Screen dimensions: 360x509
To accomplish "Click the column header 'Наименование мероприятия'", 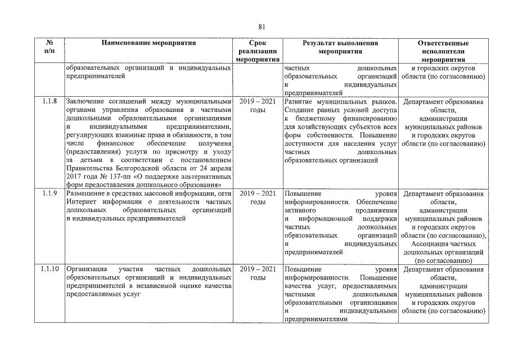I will pyautogui.click(x=149, y=43).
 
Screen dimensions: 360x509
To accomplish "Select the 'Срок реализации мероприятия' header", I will pyautogui.click(x=258, y=51).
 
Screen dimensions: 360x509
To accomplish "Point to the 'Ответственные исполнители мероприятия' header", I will pyautogui.click(x=443, y=51).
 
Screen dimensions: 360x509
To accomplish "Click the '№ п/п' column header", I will pyautogui.click(x=49, y=47).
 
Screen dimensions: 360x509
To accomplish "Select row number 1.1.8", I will pyautogui.click(x=49, y=102).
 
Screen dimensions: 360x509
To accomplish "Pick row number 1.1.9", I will pyautogui.click(x=49, y=194).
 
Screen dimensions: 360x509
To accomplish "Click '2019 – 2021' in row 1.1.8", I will pyautogui.click(x=258, y=102).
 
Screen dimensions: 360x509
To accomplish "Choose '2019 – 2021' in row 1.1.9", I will pyautogui.click(x=258, y=194).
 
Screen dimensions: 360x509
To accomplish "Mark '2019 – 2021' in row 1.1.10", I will pyautogui.click(x=258, y=269).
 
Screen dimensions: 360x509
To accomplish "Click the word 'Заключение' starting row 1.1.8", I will pyautogui.click(x=84, y=102).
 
